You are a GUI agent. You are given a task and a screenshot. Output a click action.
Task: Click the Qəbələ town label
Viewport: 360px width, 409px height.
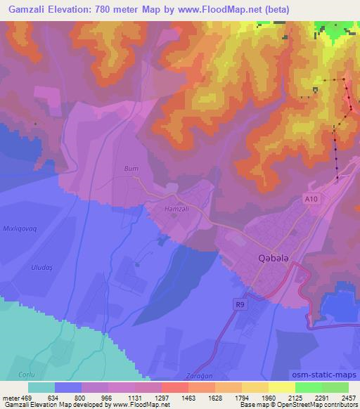click(266, 259)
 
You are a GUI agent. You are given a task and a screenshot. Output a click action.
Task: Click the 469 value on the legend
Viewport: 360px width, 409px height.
click(27, 397)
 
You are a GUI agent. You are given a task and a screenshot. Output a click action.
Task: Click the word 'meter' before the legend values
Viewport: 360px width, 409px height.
click(11, 397)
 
